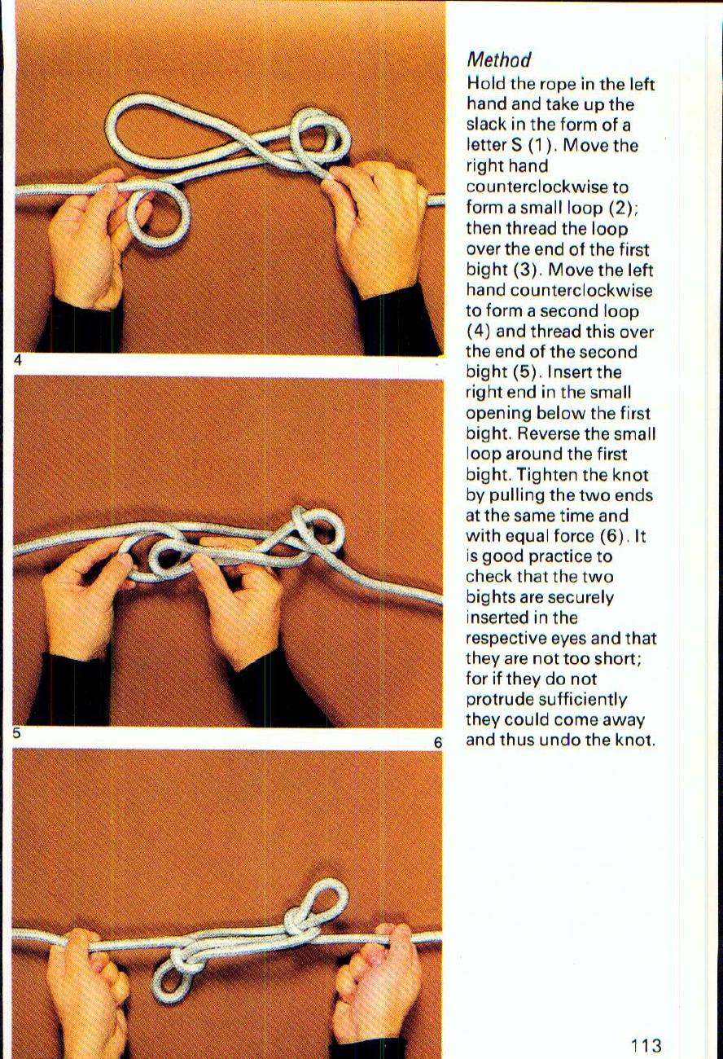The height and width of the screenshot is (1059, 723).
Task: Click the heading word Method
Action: tap(498, 60)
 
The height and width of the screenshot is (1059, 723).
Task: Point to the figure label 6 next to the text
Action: tap(437, 742)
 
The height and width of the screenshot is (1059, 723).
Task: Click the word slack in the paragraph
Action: tap(485, 125)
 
